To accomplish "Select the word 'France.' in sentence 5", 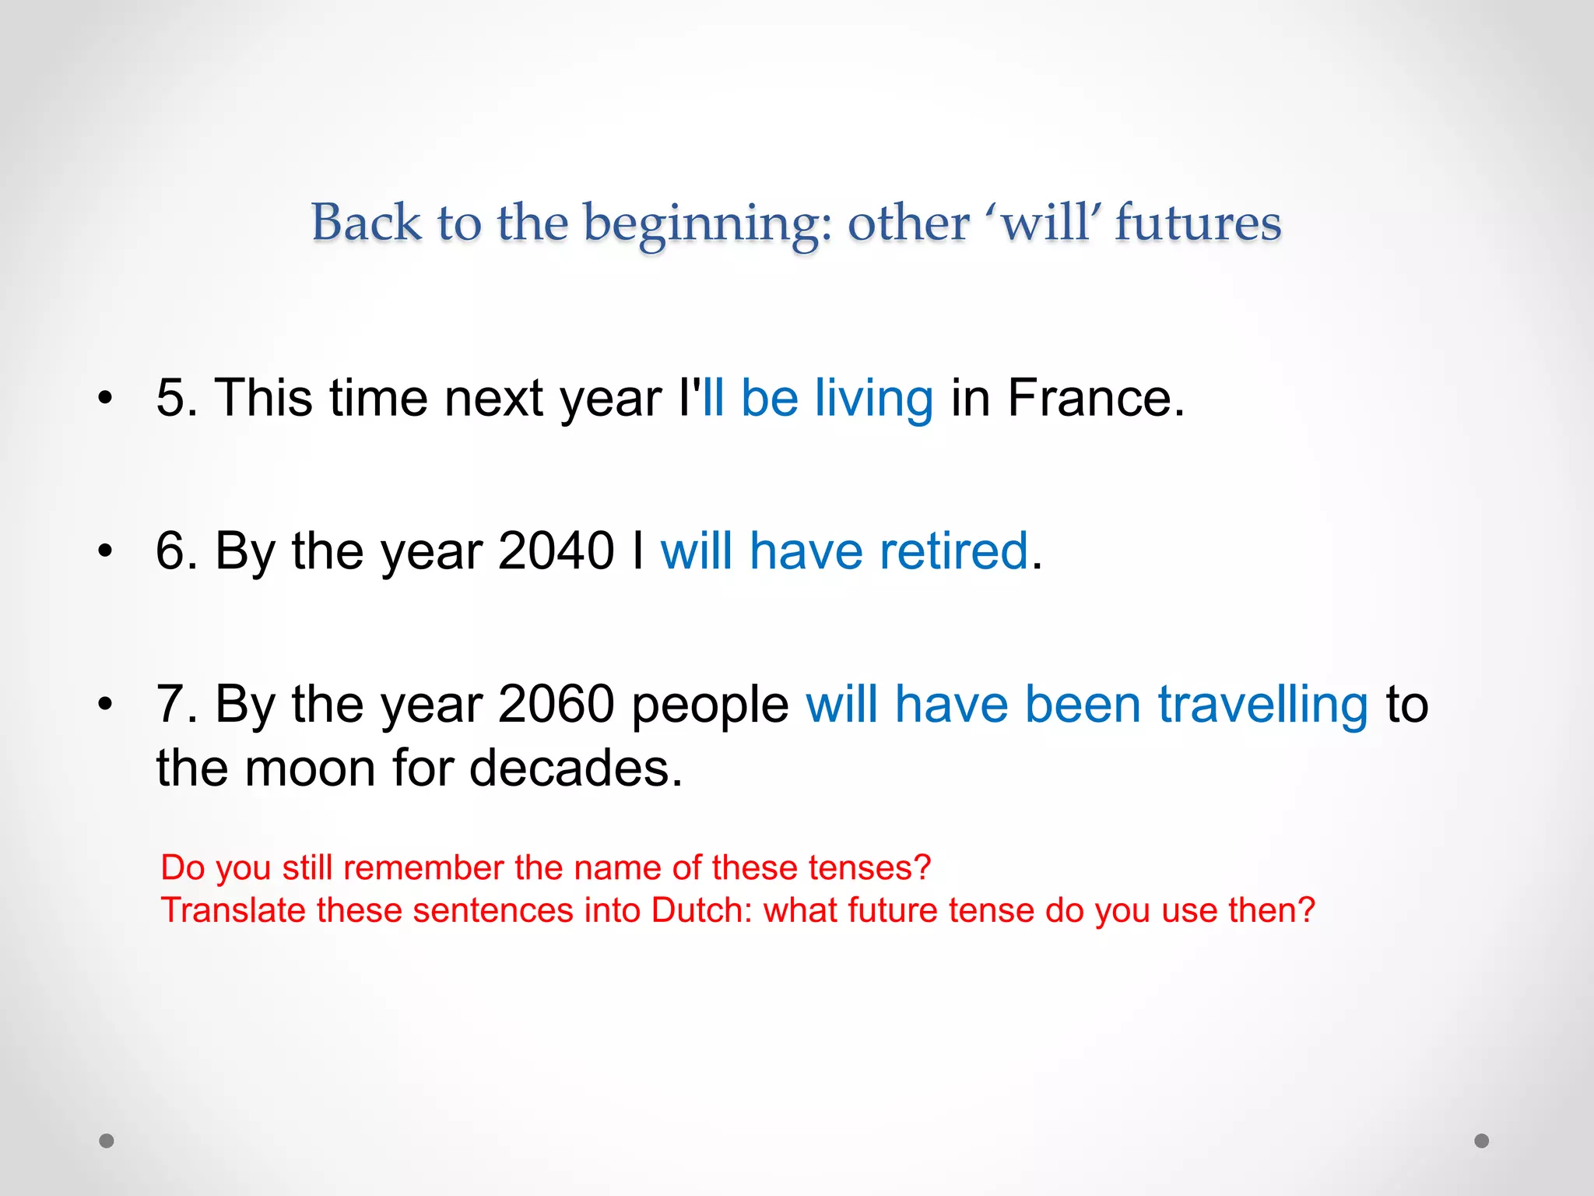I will pos(1096,398).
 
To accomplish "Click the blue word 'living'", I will pos(873,398).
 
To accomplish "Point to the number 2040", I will pos(556,551).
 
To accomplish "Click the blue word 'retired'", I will pos(954,551).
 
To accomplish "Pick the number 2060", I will pos(556,704).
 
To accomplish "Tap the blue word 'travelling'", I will pos(1262,704).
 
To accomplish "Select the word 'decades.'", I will pos(576,768).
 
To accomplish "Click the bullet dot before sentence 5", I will pos(105,399).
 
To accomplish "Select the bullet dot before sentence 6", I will pos(105,551).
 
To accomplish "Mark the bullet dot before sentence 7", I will pos(105,705).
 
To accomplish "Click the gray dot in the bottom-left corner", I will pos(107,1141).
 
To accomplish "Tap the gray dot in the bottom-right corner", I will pos(1482,1141).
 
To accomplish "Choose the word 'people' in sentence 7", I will pos(710,705).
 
